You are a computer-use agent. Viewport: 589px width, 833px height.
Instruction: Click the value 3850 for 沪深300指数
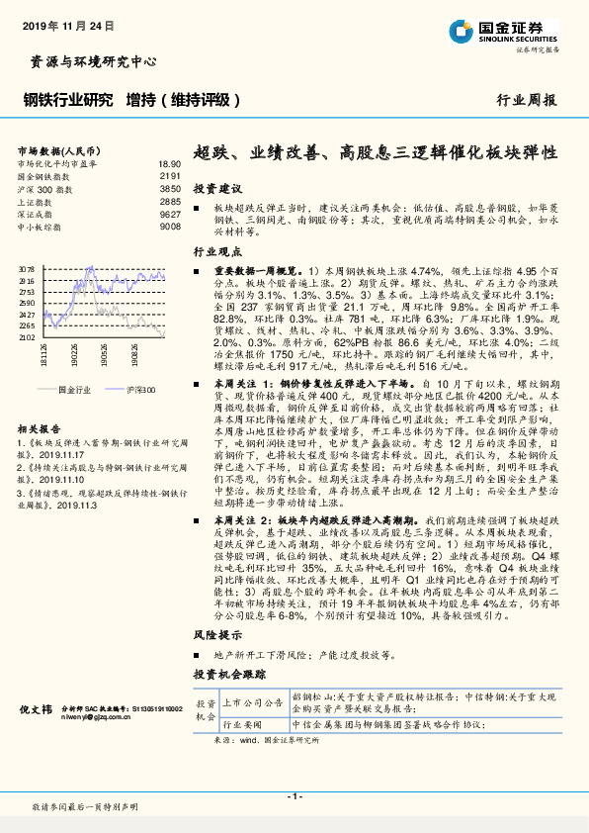coord(171,188)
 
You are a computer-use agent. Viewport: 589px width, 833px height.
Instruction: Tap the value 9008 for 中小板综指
coord(171,226)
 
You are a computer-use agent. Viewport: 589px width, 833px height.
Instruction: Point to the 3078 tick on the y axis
coord(26,268)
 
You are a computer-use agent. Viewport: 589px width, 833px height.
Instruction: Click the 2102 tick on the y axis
coord(26,338)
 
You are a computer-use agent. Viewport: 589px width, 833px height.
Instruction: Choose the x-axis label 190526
coord(103,355)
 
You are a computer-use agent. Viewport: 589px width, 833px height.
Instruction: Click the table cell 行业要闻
coord(246,725)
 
